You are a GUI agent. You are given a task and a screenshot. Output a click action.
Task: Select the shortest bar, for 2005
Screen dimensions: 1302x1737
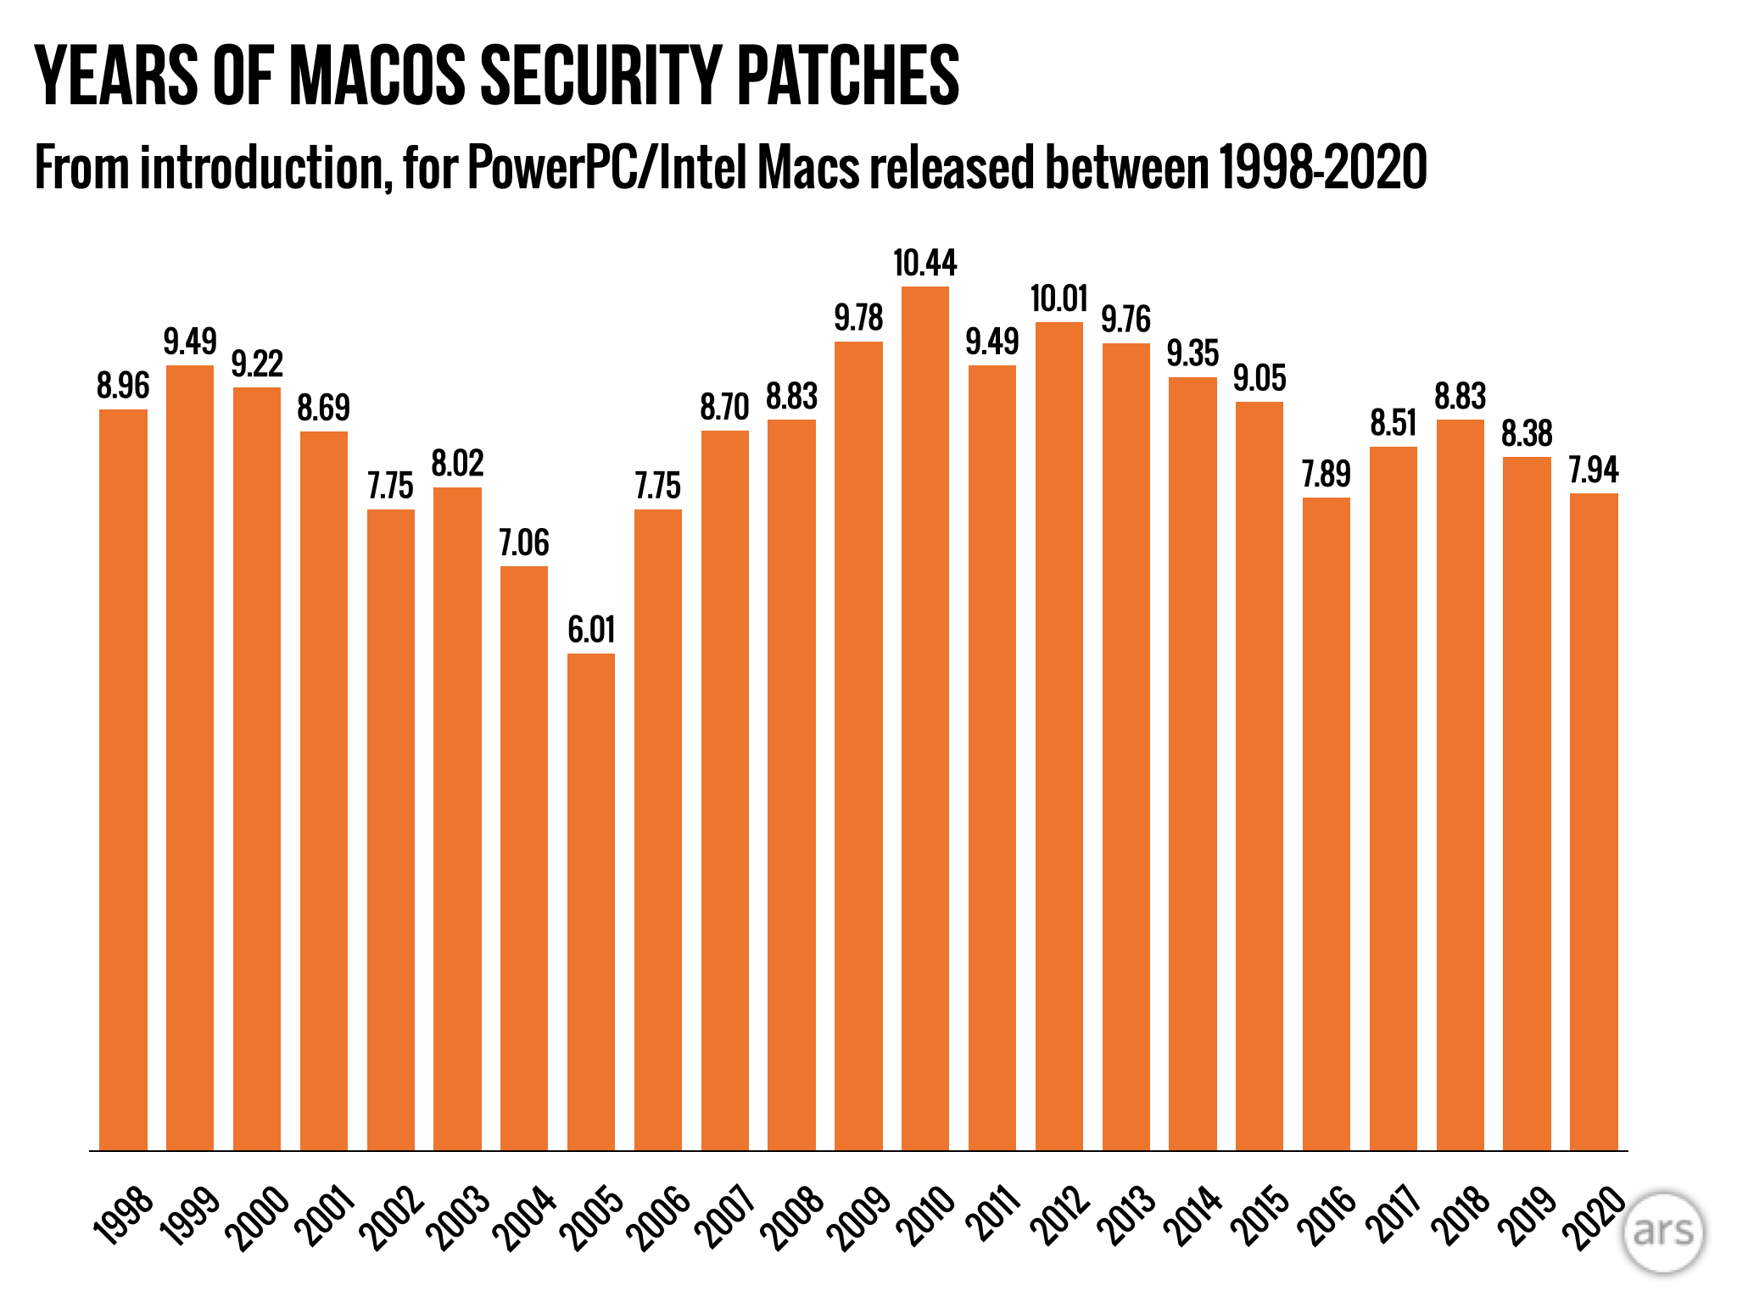click(591, 902)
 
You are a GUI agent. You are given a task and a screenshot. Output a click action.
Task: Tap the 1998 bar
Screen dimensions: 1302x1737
click(123, 780)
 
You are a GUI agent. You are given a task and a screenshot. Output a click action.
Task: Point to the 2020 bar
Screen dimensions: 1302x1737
click(1594, 821)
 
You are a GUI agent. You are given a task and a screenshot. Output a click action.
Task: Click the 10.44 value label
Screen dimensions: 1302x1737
click(924, 264)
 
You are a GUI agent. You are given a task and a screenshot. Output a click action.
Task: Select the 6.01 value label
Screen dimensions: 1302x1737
click(591, 630)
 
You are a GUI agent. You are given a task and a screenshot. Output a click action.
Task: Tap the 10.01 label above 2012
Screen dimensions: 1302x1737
click(1058, 299)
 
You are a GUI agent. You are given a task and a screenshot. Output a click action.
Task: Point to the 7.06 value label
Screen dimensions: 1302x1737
click(524, 542)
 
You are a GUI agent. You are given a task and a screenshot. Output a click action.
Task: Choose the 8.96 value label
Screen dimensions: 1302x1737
click(123, 386)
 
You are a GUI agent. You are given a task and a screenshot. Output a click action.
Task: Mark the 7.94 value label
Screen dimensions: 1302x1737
click(1594, 470)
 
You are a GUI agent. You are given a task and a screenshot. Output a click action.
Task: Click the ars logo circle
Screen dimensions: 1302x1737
click(1663, 1232)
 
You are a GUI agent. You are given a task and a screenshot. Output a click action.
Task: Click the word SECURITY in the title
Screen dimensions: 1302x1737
click(600, 76)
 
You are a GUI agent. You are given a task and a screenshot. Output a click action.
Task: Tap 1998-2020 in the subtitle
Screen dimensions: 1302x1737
click(1322, 167)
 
